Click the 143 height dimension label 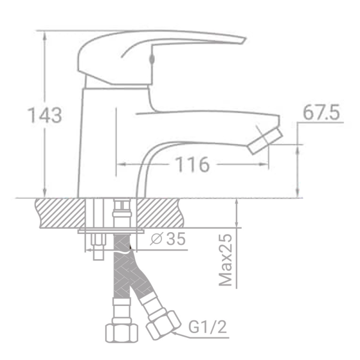coord(45,115)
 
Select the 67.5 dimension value coord(321,113)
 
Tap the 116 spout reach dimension coord(193,164)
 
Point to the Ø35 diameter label coord(168,239)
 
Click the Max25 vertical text coord(226,260)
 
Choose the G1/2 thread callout coord(208,327)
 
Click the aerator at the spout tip coord(265,141)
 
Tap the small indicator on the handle coord(152,59)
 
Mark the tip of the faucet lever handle coord(245,39)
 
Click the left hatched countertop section coord(60,213)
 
